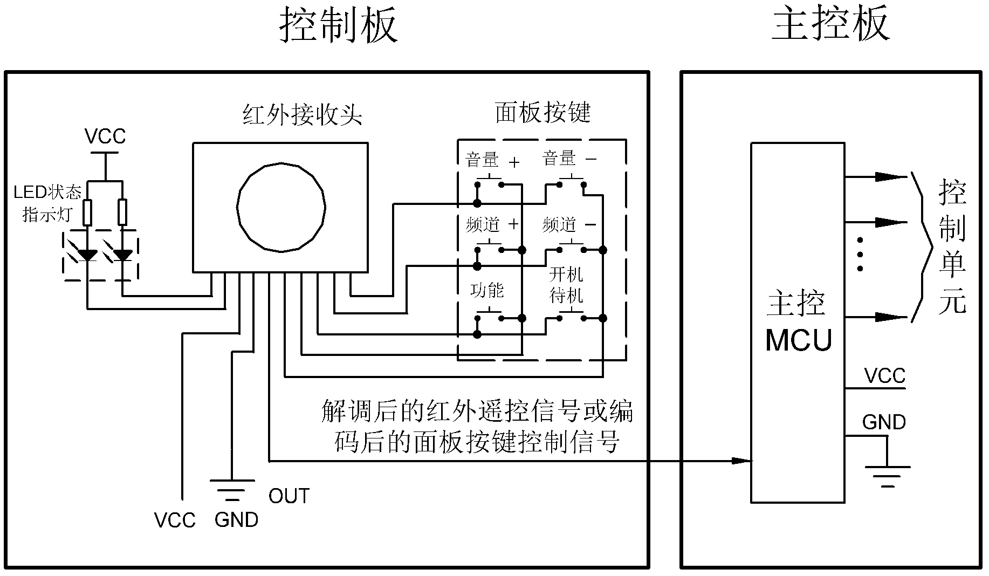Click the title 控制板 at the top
click(x=338, y=26)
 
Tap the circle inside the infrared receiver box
click(x=281, y=207)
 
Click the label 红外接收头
click(x=302, y=114)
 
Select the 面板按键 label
click(x=542, y=112)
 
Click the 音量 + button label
click(x=492, y=160)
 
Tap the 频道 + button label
click(x=492, y=224)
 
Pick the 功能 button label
click(x=487, y=291)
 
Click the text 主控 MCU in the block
click(x=798, y=321)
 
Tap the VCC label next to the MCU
click(x=884, y=376)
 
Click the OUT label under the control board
click(x=289, y=496)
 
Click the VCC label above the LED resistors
click(x=105, y=136)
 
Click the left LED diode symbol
click(x=87, y=255)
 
